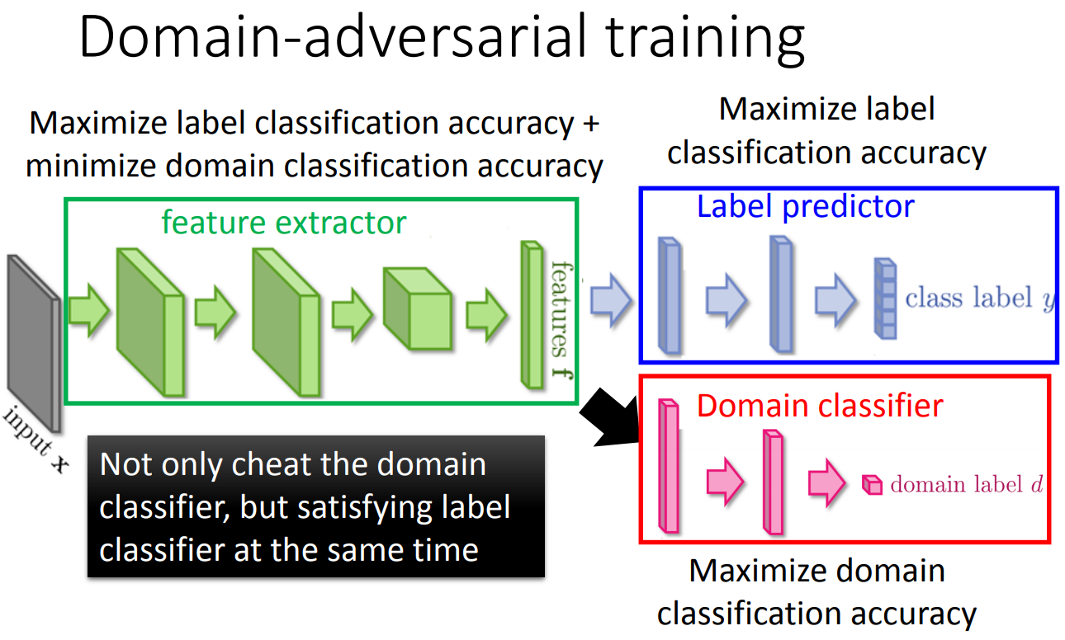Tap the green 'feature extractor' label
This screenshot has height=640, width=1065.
pos(283,222)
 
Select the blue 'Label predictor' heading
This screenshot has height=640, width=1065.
pos(805,206)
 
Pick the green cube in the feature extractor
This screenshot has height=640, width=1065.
pos(417,308)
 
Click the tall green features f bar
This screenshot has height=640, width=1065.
pos(530,314)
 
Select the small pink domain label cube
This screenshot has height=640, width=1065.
pos(871,484)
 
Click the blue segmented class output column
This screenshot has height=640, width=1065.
pos(884,299)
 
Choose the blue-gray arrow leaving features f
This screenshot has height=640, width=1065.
pos(611,299)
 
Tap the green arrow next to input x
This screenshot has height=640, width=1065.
pos(88,311)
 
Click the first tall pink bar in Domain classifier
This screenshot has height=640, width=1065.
pos(668,466)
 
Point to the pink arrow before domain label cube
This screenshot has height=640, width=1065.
pos(826,484)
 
